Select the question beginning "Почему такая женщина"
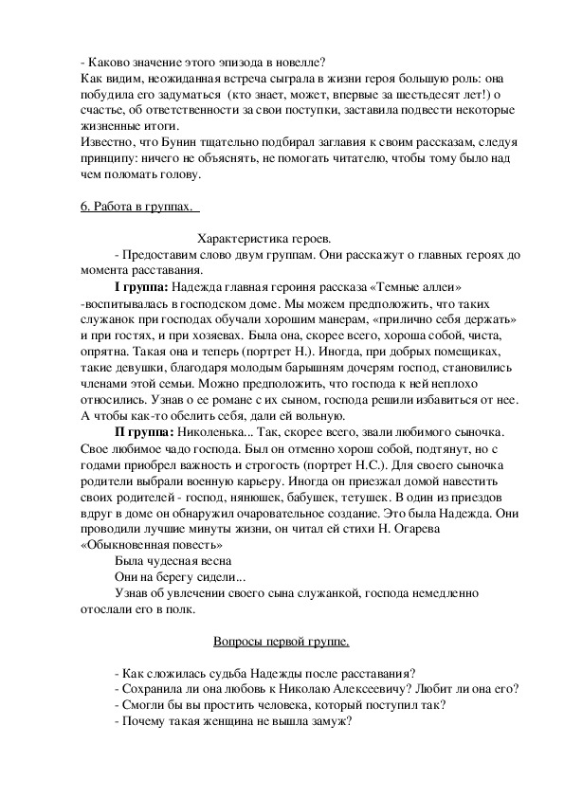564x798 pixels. pyautogui.click(x=233, y=721)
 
